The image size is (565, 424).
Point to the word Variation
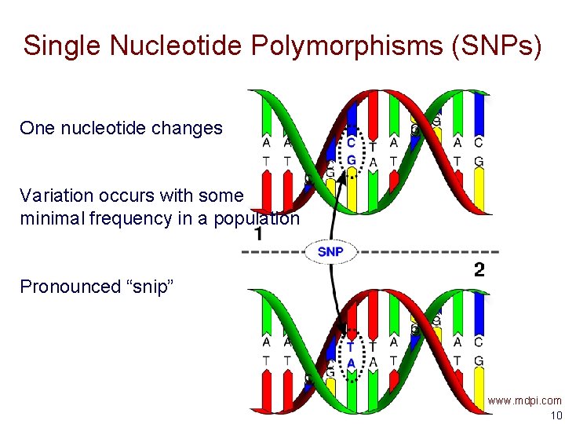pos(56,195)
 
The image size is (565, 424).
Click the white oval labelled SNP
pos(330,251)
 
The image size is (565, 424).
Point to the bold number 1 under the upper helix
pos(258,235)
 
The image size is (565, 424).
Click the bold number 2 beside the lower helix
pos(479,270)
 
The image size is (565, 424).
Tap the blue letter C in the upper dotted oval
pos(351,143)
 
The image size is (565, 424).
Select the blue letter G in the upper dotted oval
pos(351,161)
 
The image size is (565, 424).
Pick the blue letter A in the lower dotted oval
pos(351,363)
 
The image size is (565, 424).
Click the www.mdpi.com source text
pos(524,400)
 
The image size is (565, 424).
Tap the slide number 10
pos(556,415)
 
